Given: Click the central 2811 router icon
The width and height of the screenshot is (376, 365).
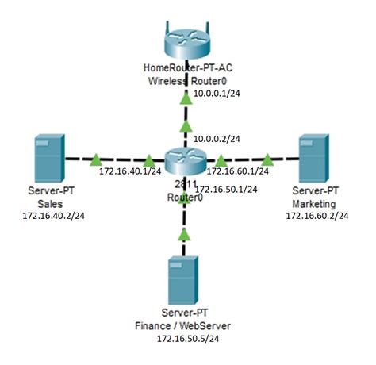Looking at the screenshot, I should [x=185, y=158].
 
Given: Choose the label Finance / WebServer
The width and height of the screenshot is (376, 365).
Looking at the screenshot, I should [x=186, y=325].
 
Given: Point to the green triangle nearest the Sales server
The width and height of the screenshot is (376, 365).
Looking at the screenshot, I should [x=95, y=159].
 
